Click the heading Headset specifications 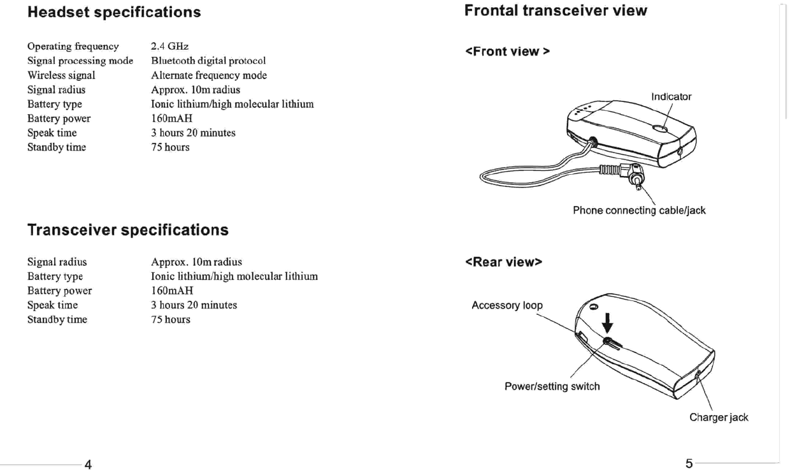coord(114,12)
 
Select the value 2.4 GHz coord(169,47)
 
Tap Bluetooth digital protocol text coord(208,61)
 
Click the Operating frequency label coord(73,47)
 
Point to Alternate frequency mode coord(209,75)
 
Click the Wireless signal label coord(61,75)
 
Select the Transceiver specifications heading coord(127,230)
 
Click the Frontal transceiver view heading coord(556,11)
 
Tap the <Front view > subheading coord(508,52)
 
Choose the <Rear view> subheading coord(503,262)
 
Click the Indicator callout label coord(671,97)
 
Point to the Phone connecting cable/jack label coord(639,210)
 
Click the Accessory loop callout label coord(507,305)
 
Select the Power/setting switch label coord(552,386)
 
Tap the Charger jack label coord(719,418)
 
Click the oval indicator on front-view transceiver coord(661,129)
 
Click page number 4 coord(88,465)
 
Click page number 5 coord(689,464)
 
